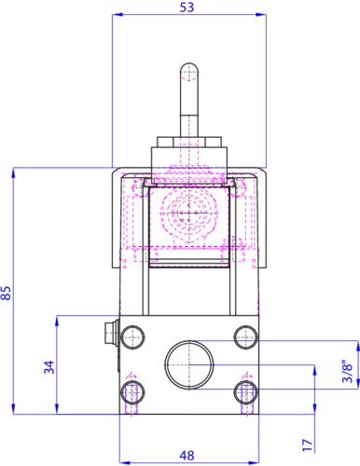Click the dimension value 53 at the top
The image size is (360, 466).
(187, 7)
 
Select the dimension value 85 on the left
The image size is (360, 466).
(6, 293)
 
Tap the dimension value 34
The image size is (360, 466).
(49, 367)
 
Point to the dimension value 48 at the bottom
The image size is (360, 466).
(187, 456)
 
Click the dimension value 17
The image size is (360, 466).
(308, 445)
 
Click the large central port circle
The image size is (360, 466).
(189, 364)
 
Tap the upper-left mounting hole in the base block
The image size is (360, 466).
(132, 337)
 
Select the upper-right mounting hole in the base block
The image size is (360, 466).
(246, 337)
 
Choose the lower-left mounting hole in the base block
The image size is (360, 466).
(132, 392)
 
